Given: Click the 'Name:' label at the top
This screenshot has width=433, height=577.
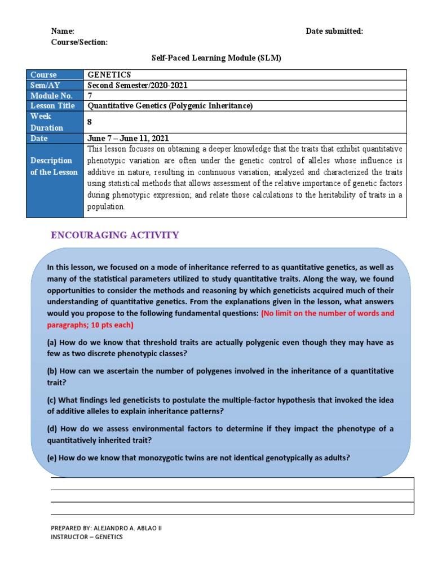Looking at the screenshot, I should (x=63, y=32).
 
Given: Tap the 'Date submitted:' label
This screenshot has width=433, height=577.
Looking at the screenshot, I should (x=334, y=32).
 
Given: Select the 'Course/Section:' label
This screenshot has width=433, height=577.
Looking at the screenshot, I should (x=79, y=43).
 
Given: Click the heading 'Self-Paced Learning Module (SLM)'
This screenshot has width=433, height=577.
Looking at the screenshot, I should (x=216, y=58).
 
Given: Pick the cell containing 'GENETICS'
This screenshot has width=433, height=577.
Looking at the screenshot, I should (x=109, y=75).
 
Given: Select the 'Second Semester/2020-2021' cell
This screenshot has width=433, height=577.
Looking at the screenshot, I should (x=138, y=85).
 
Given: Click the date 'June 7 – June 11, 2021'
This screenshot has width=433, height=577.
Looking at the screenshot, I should (x=129, y=138).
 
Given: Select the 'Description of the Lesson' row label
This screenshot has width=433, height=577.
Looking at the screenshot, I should (x=54, y=166).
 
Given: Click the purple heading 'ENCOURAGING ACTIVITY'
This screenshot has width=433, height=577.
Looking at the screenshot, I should (x=115, y=235).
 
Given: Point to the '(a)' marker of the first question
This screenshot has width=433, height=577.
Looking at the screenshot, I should (x=52, y=343).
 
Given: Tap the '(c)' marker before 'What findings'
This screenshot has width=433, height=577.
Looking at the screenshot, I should (x=52, y=400).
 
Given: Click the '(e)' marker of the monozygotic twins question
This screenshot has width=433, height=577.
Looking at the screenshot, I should (x=52, y=458).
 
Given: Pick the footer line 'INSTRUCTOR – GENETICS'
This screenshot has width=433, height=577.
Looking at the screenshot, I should (x=86, y=537).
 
